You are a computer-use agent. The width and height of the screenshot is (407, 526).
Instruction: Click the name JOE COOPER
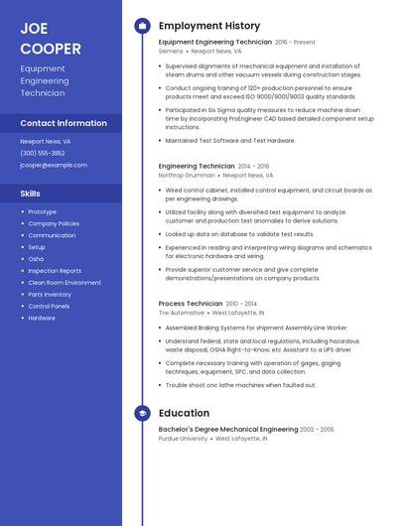(51, 38)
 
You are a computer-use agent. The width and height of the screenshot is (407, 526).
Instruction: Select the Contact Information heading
(64, 123)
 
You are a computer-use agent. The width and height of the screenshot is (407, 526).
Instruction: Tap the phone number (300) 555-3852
(43, 153)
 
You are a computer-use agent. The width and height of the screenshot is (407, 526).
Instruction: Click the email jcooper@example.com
(54, 165)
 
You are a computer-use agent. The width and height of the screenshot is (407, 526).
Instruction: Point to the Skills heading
(31, 194)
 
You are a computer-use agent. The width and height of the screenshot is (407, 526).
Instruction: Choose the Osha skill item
(36, 259)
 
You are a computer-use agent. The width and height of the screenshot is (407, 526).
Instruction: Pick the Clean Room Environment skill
(65, 283)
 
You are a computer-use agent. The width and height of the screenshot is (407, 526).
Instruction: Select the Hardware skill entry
(42, 319)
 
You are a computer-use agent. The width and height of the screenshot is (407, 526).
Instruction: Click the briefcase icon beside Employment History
(142, 26)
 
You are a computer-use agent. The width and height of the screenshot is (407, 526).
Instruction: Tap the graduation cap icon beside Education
(142, 413)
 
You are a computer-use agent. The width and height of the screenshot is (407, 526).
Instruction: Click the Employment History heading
(209, 26)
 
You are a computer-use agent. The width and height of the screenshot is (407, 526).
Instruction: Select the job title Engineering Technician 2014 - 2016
(197, 166)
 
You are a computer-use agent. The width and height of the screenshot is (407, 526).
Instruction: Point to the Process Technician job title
(191, 303)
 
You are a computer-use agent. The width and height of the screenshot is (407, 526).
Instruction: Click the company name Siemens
(171, 51)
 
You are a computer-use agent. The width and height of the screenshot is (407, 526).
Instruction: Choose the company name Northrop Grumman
(185, 175)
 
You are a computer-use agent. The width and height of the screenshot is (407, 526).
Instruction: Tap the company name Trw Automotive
(183, 312)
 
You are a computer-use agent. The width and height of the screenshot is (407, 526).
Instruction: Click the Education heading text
(184, 413)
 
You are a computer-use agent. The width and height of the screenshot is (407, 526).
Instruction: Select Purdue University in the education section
(183, 438)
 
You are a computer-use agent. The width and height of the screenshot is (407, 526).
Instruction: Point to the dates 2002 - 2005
(317, 429)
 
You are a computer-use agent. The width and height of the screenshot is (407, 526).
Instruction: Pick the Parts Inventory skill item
(50, 295)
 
